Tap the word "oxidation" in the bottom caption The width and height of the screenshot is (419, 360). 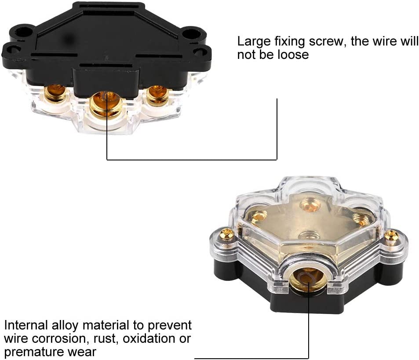pos(151,339)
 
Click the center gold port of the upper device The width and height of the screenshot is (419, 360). pos(106,103)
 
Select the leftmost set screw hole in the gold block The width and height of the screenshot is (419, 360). pos(259,216)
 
